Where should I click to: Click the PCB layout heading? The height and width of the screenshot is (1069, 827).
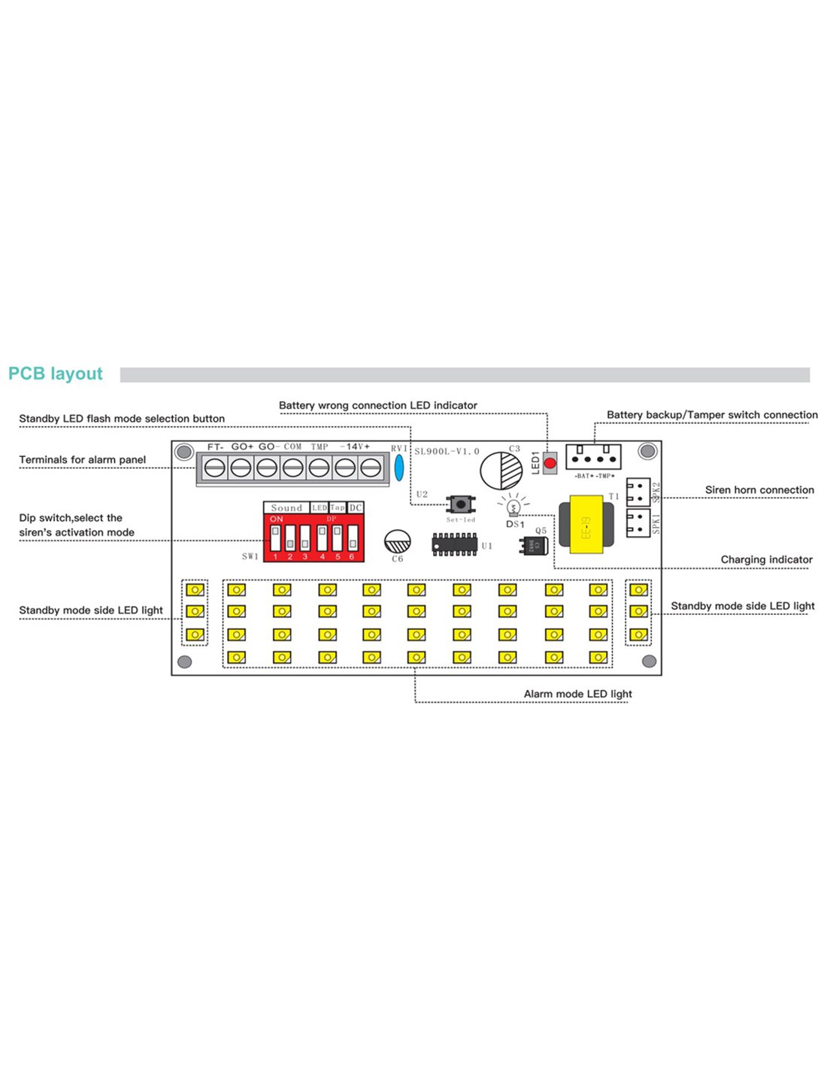(x=56, y=374)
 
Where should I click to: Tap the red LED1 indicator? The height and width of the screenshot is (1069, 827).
(x=550, y=463)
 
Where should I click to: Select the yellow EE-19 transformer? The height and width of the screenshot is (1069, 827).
(x=587, y=524)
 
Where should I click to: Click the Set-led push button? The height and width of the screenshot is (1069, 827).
(x=460, y=504)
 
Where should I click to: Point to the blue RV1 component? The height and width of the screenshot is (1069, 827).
(x=399, y=467)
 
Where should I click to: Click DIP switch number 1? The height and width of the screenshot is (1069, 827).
(x=275, y=538)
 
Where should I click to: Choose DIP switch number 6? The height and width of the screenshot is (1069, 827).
(x=352, y=538)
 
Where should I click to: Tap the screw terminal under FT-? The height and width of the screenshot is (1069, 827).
(x=215, y=468)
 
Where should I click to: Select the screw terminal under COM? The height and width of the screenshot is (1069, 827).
(x=292, y=468)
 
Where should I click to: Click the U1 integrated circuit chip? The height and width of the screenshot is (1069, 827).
(x=455, y=544)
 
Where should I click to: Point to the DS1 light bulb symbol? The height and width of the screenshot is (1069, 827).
(x=514, y=507)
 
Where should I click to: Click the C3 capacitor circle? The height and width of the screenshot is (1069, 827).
(x=501, y=471)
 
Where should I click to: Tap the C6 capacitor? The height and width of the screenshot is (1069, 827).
(x=397, y=541)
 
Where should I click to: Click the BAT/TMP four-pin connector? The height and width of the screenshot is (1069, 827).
(x=593, y=456)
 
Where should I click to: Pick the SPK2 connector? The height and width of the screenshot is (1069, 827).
(x=638, y=491)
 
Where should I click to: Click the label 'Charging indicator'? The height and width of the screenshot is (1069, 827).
(x=766, y=559)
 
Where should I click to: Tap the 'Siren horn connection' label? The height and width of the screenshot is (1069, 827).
(x=759, y=490)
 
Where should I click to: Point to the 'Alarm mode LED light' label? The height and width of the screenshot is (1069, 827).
(x=577, y=694)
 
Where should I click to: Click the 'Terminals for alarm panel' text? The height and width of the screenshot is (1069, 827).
(x=83, y=460)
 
